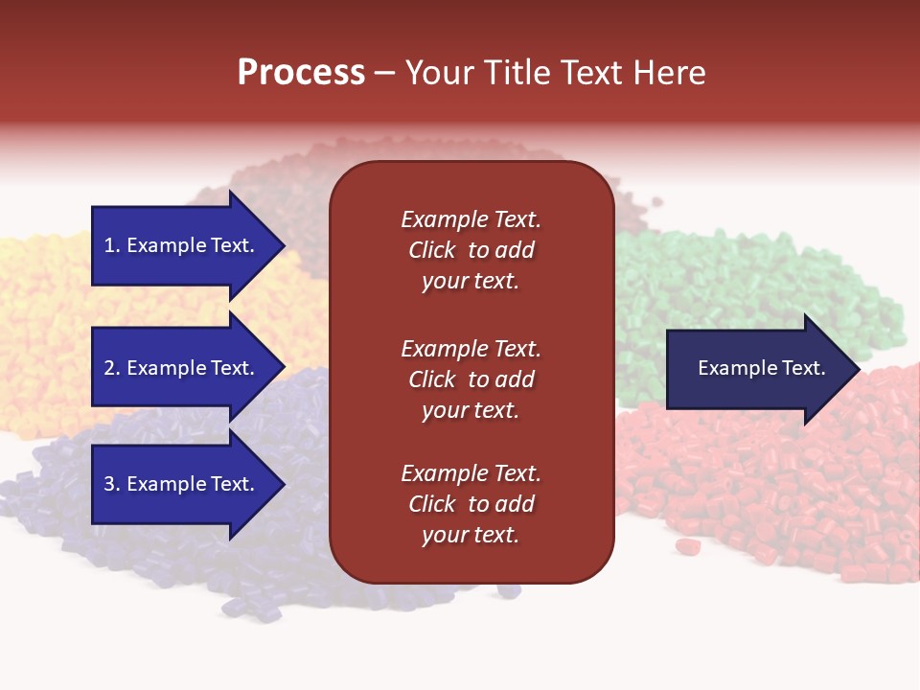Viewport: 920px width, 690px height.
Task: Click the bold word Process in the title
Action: coord(301,73)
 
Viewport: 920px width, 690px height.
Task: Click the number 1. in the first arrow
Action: coord(111,245)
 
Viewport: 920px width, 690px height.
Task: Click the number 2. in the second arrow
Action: coord(111,368)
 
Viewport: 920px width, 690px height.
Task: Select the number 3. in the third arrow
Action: coord(111,484)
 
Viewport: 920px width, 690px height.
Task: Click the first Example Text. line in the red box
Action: coord(471,219)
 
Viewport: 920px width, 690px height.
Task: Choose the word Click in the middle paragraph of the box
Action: coord(431,379)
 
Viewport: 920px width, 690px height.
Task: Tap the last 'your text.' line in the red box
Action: coord(471,535)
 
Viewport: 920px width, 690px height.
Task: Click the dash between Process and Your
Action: coord(384,74)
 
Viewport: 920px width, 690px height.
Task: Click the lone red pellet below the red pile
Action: coord(685,546)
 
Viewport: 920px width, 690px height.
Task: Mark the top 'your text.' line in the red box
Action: coord(471,281)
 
